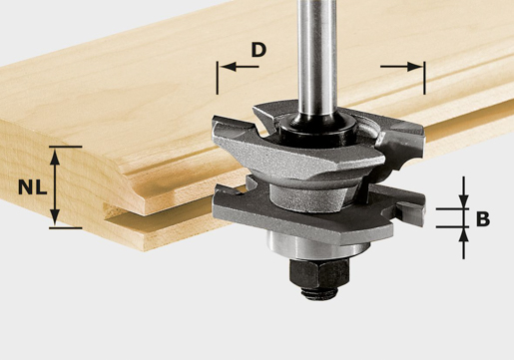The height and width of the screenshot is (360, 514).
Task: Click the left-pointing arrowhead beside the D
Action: coord(224,67)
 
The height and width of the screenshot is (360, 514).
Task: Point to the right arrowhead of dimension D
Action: coord(417,67)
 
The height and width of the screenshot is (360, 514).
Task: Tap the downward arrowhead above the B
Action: coord(463,202)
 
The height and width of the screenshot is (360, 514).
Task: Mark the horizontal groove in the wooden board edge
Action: coord(150,204)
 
